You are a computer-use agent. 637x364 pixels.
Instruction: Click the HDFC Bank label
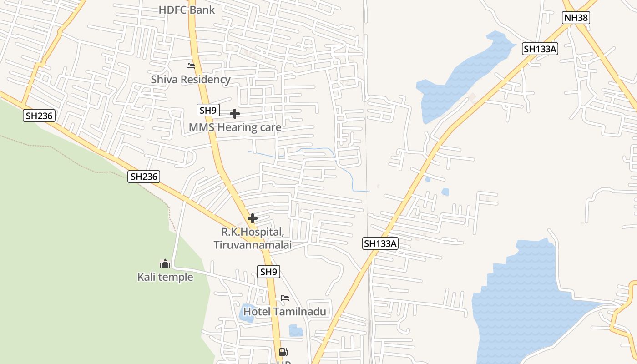click(187, 10)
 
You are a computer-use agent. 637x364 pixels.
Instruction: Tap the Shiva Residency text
click(191, 80)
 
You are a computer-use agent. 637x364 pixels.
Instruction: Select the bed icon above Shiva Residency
click(191, 66)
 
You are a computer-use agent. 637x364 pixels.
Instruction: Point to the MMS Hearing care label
click(235, 127)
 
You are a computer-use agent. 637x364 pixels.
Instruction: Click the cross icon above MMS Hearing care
click(235, 114)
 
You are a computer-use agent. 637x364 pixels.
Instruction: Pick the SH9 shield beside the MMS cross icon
click(208, 110)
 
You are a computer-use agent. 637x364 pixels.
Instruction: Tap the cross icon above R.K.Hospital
click(252, 218)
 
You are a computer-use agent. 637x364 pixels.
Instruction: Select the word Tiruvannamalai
click(253, 245)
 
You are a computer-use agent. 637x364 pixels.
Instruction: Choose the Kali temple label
click(165, 277)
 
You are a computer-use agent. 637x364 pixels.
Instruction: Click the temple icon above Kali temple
click(165, 263)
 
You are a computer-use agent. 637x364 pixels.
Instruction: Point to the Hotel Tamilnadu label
click(285, 312)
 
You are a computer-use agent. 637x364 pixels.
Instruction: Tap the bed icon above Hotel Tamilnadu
click(285, 298)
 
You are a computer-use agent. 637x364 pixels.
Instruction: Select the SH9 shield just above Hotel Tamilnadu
click(268, 272)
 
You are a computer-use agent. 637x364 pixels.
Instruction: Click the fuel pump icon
click(283, 352)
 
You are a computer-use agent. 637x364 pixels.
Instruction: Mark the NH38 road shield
click(576, 18)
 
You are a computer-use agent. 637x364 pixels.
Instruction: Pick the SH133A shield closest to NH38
click(540, 49)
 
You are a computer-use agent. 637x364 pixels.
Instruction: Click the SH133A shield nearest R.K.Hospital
click(380, 243)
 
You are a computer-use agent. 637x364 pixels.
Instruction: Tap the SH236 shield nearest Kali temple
click(144, 177)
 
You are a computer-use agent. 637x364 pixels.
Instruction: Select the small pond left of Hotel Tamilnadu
click(247, 313)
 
